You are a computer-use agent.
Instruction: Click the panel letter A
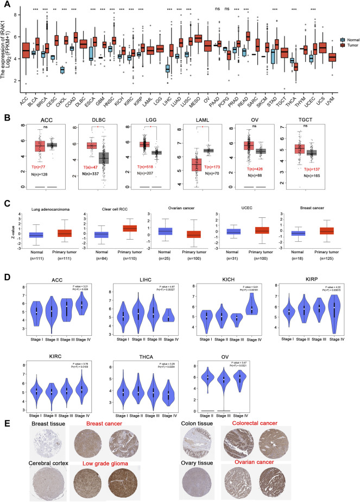point(6,5)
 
